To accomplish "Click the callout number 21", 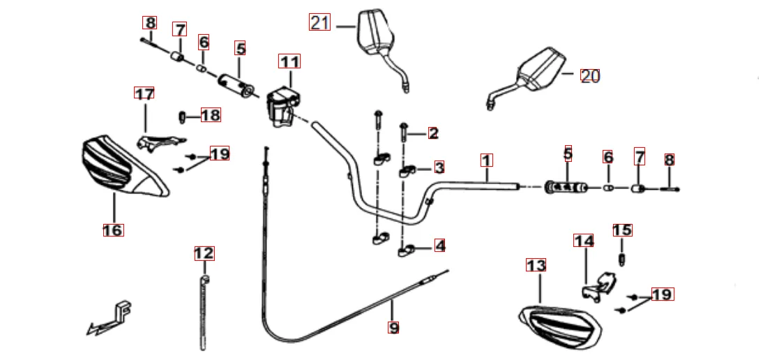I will (319, 23).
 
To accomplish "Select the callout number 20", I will (590, 76).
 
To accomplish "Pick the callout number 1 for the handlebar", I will (486, 160).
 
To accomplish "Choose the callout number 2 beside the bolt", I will (433, 133).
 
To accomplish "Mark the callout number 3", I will (439, 167).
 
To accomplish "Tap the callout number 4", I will (439, 246).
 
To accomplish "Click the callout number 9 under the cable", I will (393, 327).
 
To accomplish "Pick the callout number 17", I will (144, 93).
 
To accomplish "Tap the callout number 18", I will (210, 115).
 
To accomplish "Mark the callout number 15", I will (621, 230).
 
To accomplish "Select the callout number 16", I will (113, 230).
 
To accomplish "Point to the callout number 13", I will (536, 265).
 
